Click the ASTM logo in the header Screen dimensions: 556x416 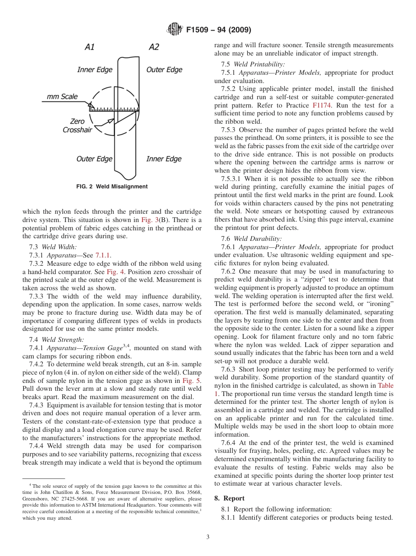(x=175, y=30)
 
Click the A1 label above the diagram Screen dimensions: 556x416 (x=89, y=47)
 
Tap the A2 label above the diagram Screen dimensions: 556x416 (x=154, y=47)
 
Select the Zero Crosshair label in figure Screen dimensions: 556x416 (x=77, y=125)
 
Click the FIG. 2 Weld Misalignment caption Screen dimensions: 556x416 (x=112, y=187)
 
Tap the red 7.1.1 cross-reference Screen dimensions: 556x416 (x=103, y=255)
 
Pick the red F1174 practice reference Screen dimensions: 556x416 (x=321, y=105)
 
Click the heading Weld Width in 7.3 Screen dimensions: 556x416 (x=59, y=247)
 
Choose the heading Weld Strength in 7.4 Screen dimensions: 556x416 (x=63, y=340)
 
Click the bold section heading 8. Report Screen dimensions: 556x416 (x=229, y=498)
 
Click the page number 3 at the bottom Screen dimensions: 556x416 (x=208, y=537)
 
